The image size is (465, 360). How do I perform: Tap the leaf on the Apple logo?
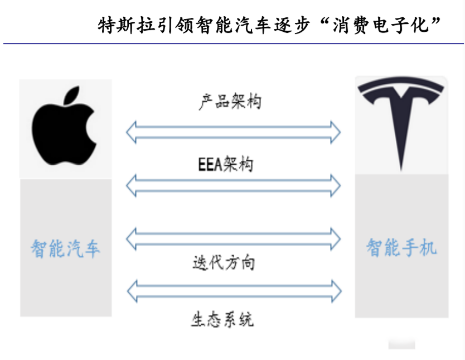(71, 95)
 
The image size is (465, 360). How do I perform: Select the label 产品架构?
(230, 102)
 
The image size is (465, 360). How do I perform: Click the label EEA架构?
(225, 164)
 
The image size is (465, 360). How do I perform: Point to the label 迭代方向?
(224, 263)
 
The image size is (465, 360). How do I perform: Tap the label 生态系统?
(222, 319)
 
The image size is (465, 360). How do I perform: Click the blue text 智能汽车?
(65, 248)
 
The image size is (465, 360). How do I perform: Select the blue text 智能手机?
(401, 247)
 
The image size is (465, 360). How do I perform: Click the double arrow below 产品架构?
(234, 132)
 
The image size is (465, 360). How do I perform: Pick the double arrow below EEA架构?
(234, 185)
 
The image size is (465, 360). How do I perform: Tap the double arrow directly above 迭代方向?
(234, 239)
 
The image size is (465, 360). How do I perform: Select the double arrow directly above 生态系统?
(234, 291)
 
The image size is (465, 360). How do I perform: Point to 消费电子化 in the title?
(380, 25)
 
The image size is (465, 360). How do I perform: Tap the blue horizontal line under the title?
(234, 44)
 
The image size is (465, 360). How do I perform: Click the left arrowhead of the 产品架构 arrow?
(131, 132)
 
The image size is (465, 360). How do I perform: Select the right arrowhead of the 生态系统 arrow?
(337, 291)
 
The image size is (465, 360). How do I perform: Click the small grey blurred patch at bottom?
(401, 344)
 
